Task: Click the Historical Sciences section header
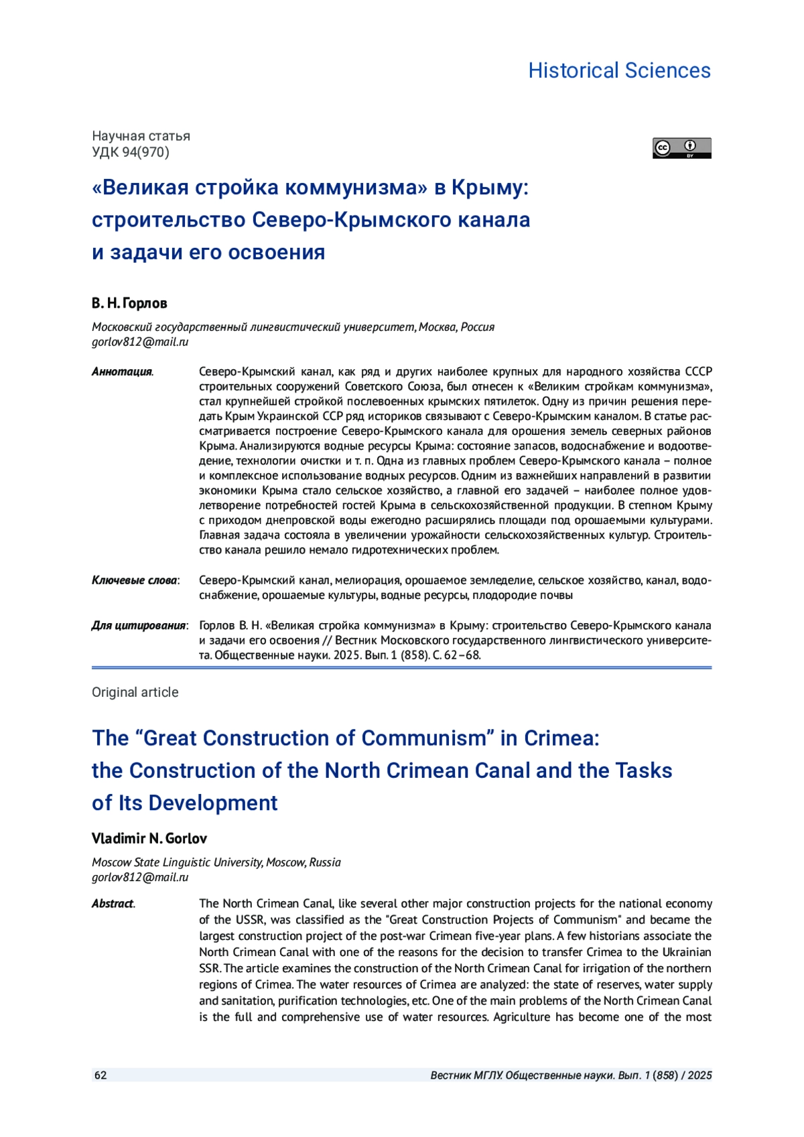point(619,70)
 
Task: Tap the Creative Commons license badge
point(681,148)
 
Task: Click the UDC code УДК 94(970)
point(131,152)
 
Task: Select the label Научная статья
point(141,136)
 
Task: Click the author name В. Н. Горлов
point(129,303)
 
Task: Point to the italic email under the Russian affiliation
point(140,342)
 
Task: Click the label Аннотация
point(122,372)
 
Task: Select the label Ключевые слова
point(135,580)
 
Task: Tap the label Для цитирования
point(139,625)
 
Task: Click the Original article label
point(135,692)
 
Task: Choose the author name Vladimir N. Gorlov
point(149,838)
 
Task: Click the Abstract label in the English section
point(113,903)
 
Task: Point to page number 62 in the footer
point(100,1075)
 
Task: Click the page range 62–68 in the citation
point(464,655)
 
